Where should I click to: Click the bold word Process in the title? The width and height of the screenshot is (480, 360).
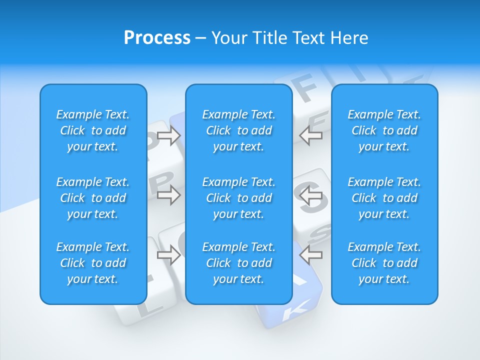[x=157, y=38]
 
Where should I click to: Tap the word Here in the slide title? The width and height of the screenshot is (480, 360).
[x=348, y=38]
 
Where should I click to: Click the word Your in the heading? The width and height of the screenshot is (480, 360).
[x=229, y=38]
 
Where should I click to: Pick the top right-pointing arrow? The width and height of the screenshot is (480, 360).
[x=168, y=135]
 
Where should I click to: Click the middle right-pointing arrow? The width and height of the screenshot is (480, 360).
[x=168, y=195]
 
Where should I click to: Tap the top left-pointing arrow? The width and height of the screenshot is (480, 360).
[x=311, y=135]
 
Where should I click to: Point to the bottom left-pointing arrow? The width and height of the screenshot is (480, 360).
[x=311, y=255]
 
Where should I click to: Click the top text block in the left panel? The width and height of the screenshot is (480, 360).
[x=93, y=130]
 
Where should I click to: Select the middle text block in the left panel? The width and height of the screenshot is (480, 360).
[x=93, y=198]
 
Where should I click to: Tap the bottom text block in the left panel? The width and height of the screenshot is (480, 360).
[x=93, y=263]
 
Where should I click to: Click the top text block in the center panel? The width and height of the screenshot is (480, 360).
[x=238, y=130]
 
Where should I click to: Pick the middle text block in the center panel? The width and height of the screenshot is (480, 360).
[x=238, y=198]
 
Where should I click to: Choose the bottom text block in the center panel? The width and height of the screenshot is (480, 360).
[x=238, y=263]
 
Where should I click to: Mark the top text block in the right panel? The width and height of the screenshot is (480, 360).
[x=384, y=130]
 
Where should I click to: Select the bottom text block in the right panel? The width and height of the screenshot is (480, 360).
[x=384, y=263]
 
